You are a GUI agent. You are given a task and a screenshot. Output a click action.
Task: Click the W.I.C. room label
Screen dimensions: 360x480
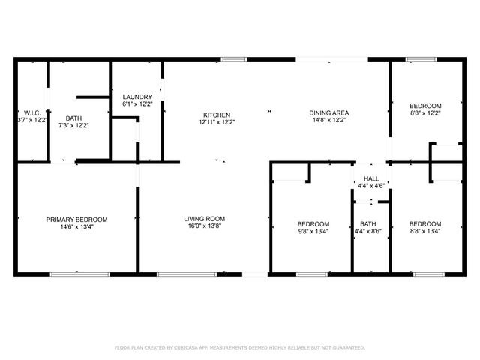click(x=31, y=113)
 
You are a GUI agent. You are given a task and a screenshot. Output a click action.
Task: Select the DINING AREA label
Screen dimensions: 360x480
click(x=329, y=113)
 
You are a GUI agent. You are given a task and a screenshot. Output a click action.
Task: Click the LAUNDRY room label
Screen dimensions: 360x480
click(x=137, y=97)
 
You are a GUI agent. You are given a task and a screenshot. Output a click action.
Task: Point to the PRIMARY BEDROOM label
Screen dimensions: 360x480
click(x=76, y=220)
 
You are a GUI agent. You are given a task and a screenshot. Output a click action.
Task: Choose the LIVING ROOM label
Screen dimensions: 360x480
click(x=205, y=220)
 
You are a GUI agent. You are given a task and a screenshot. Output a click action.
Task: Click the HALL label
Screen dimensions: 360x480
click(x=370, y=178)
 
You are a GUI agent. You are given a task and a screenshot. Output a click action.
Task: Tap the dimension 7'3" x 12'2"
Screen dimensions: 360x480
click(x=73, y=125)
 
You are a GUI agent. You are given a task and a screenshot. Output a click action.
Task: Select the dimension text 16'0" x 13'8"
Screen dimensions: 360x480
click(x=205, y=227)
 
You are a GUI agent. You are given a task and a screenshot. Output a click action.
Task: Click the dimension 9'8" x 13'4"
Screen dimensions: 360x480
click(x=313, y=232)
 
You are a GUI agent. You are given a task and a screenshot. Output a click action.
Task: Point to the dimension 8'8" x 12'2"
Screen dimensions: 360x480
click(x=425, y=113)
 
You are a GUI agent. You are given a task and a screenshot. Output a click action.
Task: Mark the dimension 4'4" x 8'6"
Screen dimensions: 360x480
click(x=367, y=232)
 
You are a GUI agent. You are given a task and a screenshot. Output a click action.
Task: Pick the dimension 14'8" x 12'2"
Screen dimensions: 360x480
click(x=329, y=121)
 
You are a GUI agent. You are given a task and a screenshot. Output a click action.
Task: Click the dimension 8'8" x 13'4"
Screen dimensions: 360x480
click(x=424, y=232)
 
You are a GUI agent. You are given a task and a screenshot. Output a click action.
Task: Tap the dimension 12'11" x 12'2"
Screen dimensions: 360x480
click(x=217, y=122)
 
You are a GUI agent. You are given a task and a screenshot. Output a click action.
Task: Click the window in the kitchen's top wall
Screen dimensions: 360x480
click(x=233, y=58)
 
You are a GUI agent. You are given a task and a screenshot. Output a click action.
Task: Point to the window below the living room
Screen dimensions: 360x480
click(x=177, y=274)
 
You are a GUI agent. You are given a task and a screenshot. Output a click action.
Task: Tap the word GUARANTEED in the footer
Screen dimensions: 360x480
click(x=347, y=348)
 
